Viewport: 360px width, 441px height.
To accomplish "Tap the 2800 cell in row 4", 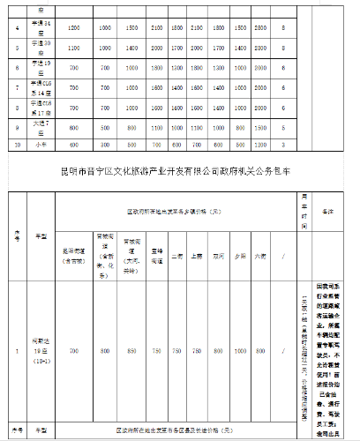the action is [x=259, y=29].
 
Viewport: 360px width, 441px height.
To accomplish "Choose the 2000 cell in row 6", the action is [x=156, y=67].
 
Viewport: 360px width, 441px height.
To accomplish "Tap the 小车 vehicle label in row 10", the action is [x=40, y=144].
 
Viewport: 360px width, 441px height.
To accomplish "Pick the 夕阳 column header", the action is [x=239, y=257].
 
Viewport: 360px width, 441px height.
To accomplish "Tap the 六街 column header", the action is [x=260, y=257].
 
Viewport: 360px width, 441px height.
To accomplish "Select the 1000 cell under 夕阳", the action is [x=239, y=352].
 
